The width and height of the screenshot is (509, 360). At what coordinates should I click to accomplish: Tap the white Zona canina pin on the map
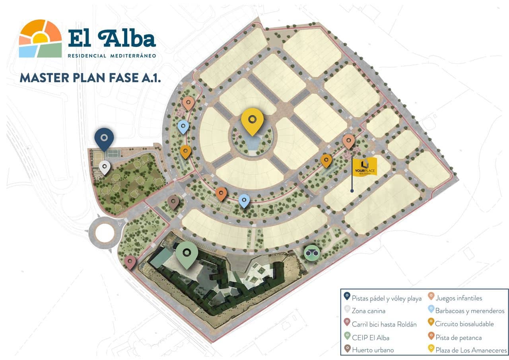pos(105,167)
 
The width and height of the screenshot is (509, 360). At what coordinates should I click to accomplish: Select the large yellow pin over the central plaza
pos(252,120)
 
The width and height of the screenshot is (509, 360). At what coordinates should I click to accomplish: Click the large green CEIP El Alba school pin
pos(187,254)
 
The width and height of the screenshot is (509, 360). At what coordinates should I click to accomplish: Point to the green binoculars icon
pos(311,253)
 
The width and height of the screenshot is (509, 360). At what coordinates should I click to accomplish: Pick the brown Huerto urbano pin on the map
pos(173,202)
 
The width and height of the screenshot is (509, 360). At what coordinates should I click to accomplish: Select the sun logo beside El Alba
pos(40,39)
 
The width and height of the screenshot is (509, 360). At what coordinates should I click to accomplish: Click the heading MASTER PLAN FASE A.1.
pos(90,77)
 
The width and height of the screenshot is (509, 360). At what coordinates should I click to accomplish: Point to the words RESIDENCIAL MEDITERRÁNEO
pos(112,56)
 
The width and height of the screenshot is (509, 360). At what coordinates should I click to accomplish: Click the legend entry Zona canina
pos(368,310)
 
